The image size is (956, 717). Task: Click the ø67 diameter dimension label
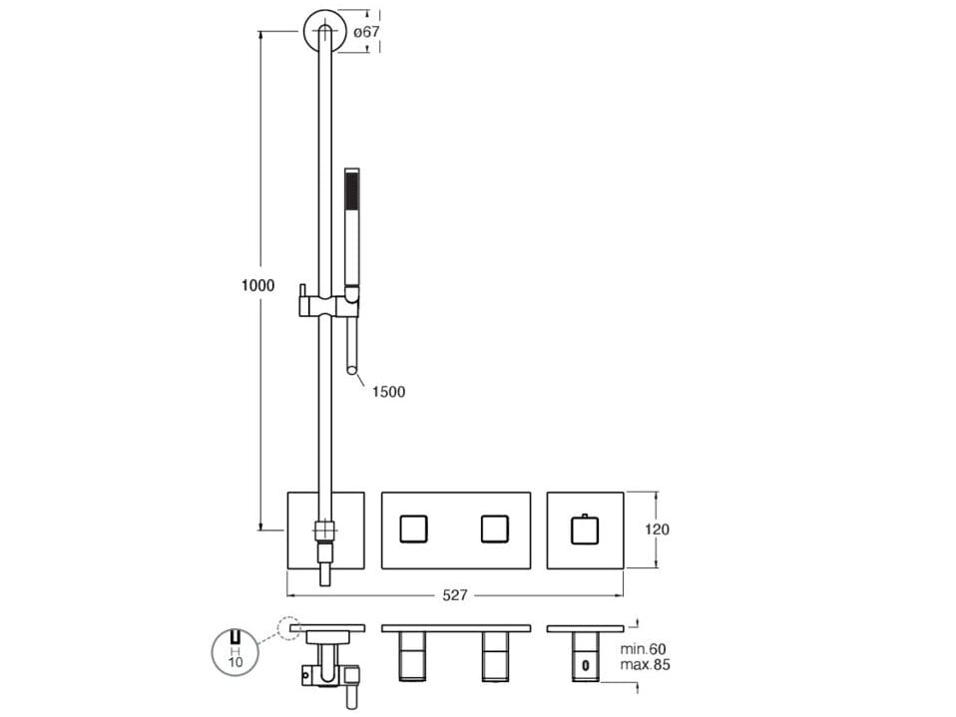click(x=366, y=32)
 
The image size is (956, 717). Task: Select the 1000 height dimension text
click(x=257, y=285)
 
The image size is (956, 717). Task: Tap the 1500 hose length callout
click(x=388, y=392)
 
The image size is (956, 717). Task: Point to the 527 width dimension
click(x=455, y=595)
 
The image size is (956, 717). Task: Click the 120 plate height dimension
click(x=657, y=530)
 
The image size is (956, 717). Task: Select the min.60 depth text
click(x=644, y=649)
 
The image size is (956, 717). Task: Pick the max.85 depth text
click(x=645, y=664)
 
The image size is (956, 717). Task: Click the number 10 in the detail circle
click(x=235, y=661)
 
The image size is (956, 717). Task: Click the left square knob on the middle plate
click(x=413, y=529)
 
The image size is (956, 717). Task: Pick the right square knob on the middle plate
click(x=494, y=529)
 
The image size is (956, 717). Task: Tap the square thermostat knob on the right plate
click(x=585, y=530)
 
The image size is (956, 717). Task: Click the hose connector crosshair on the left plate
click(x=325, y=530)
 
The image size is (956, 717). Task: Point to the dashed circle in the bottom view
click(x=289, y=628)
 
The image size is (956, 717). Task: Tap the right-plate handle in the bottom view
click(x=586, y=657)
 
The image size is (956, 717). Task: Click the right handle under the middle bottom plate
click(x=495, y=657)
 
